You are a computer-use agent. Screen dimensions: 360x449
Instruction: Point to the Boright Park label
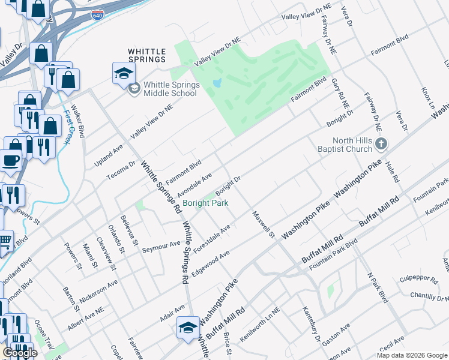click(x=205, y=203)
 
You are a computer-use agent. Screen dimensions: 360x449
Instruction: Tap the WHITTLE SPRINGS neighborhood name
click(x=146, y=56)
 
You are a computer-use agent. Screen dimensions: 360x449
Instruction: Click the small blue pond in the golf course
click(x=217, y=82)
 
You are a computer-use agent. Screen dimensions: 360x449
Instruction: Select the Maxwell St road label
click(x=263, y=224)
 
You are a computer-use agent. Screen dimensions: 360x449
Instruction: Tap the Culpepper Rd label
click(x=418, y=279)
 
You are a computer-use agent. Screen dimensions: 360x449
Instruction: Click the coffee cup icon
click(x=11, y=160)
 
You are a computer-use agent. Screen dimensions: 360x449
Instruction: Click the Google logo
click(x=20, y=353)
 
